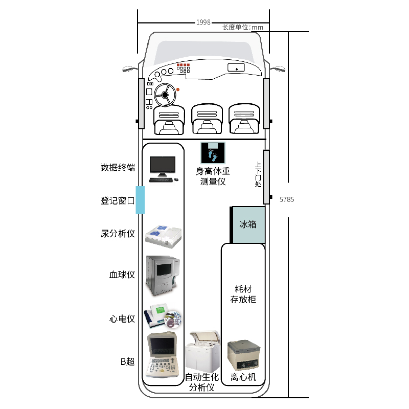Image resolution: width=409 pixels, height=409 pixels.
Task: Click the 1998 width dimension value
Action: coord(203,22)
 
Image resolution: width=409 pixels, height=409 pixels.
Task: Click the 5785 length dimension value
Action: coord(287,199)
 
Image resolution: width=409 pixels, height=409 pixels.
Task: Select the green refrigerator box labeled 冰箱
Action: coord(248,224)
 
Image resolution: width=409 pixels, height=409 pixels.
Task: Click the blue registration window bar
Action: coord(140,200)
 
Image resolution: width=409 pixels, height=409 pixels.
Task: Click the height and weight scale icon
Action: coord(212,152)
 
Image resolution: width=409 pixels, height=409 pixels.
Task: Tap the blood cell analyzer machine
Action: coord(163,275)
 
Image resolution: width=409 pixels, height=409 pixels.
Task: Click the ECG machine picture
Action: coord(163,317)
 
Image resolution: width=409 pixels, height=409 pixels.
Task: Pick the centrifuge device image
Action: coord(243,355)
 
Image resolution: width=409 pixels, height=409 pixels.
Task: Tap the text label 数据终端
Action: coord(118,168)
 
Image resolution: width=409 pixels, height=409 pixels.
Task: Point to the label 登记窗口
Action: coord(118,201)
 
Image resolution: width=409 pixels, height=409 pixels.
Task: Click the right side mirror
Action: coord(278,68)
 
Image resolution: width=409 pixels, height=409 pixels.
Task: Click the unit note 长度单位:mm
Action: coord(242,28)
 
